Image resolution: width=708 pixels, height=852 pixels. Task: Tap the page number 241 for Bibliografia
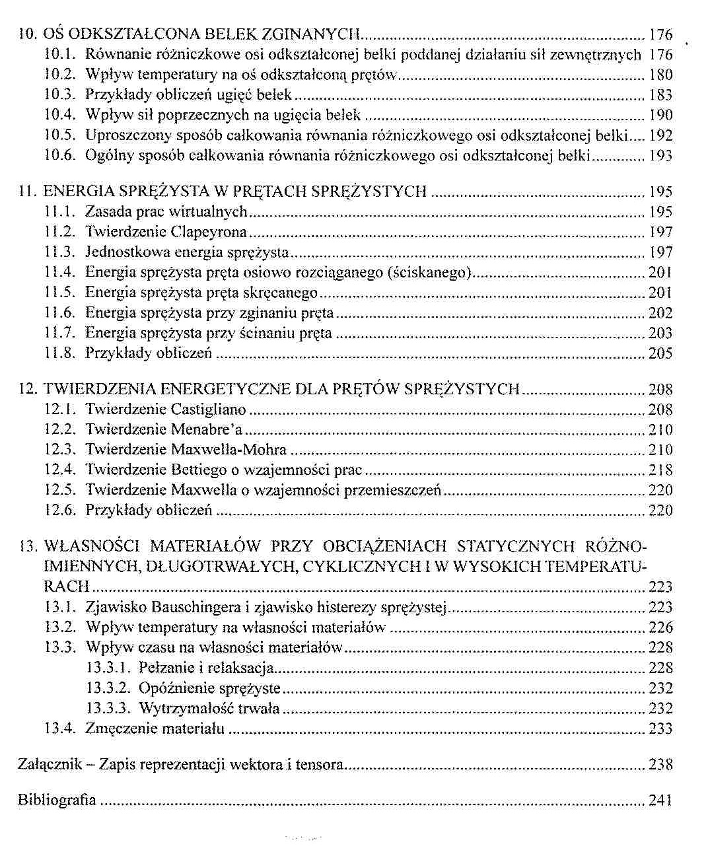click(660, 800)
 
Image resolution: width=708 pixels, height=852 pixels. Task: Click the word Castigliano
click(209, 409)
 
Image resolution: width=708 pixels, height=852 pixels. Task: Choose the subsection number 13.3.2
click(110, 688)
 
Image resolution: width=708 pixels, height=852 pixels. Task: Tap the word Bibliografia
click(57, 800)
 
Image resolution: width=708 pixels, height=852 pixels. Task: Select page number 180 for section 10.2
click(660, 74)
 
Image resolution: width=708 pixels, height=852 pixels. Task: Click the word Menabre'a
click(207, 430)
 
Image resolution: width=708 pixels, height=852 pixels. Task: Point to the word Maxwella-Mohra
click(229, 450)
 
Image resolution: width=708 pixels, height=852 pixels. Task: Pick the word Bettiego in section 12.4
click(199, 470)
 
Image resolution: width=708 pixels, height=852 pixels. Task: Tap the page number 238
click(660, 765)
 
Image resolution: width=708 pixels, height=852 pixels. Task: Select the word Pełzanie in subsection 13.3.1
click(164, 668)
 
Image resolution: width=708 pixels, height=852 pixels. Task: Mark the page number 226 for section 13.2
click(660, 627)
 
